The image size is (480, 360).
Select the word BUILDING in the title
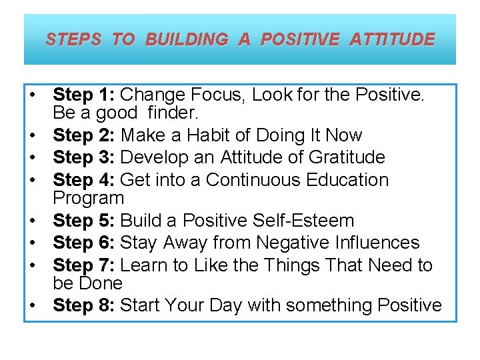click(186, 39)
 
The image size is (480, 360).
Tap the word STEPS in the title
click(73, 39)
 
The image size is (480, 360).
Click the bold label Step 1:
click(84, 95)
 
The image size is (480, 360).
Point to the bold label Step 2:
click(84, 135)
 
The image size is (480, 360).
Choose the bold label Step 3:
click(84, 157)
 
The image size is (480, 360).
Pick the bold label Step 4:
click(84, 180)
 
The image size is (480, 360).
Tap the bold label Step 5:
click(84, 220)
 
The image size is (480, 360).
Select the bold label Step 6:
click(84, 243)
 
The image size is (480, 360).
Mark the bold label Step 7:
click(84, 265)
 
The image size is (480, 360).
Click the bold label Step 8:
click(84, 305)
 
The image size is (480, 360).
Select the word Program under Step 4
click(88, 198)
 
